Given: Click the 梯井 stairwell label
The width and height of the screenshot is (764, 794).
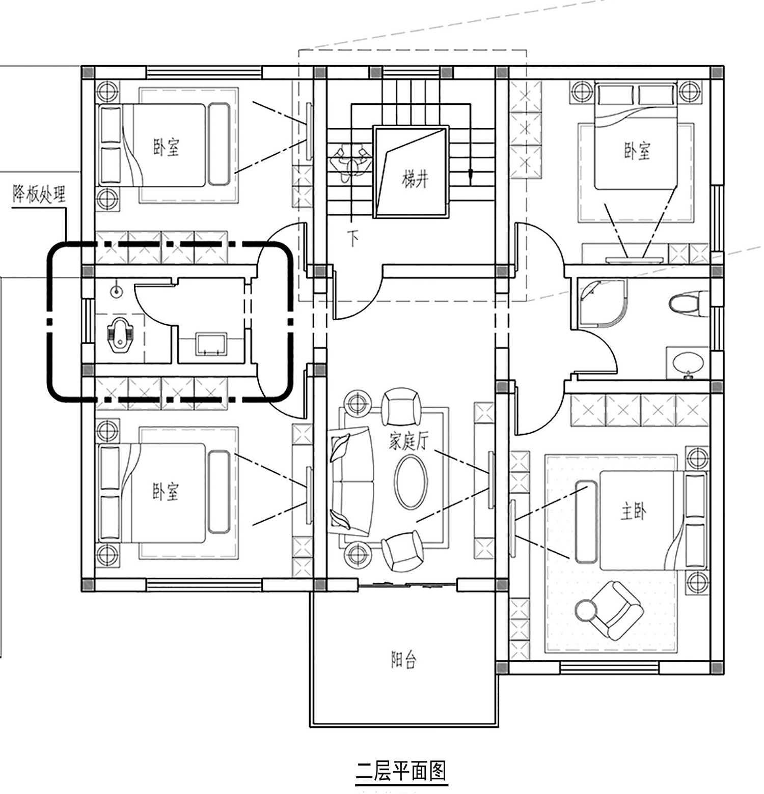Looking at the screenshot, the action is tap(415, 180).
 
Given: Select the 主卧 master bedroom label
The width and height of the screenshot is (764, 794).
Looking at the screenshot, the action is tap(633, 512).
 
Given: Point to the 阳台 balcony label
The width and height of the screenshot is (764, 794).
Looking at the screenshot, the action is tap(404, 660).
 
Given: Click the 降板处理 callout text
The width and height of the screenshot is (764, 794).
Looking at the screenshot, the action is tap(39, 194).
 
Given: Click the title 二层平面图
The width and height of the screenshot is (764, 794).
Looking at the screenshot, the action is tap(401, 771).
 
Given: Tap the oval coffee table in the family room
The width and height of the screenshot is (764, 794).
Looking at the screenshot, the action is tap(412, 482).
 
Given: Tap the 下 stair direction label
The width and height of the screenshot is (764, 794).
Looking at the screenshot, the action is tap(354, 238).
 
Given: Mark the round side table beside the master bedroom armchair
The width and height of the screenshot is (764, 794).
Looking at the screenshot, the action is tap(585, 610).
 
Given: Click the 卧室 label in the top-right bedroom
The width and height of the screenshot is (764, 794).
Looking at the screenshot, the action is tap(637, 151).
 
